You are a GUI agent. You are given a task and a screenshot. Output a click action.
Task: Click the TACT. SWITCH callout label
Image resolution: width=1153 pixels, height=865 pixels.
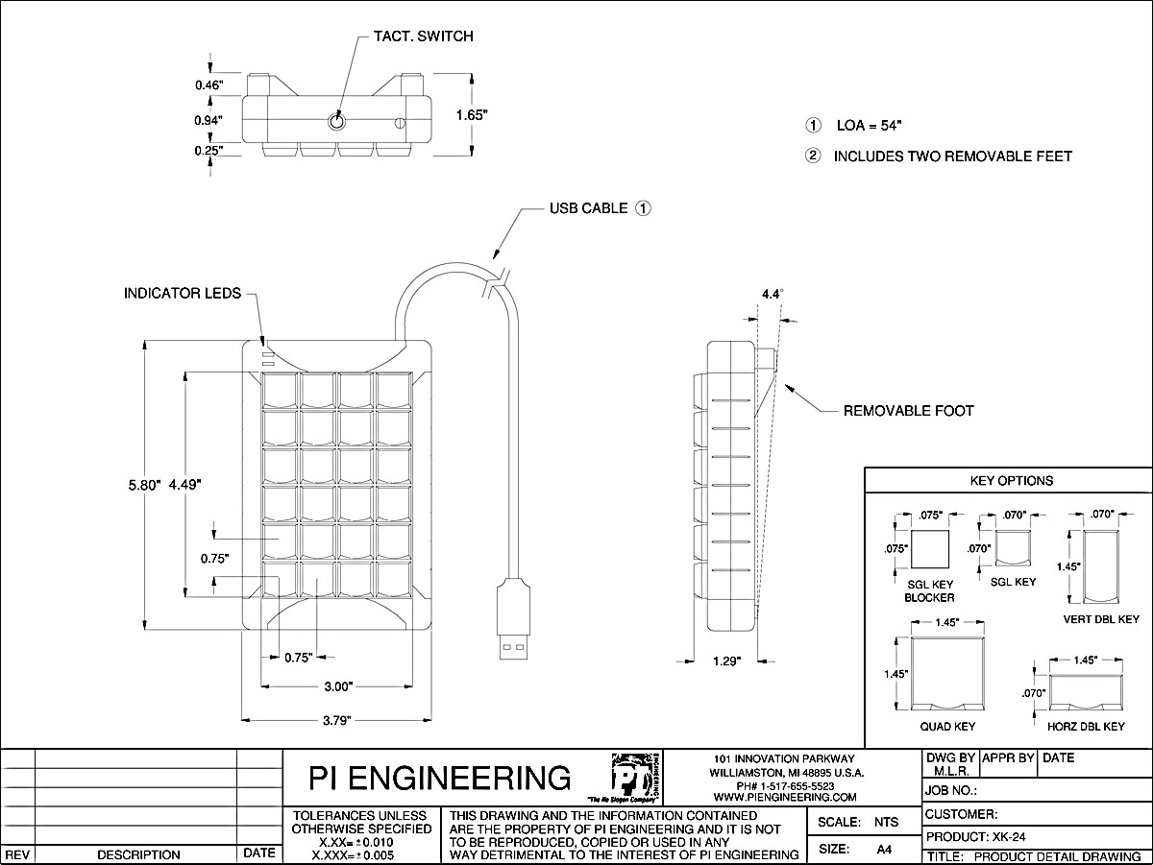point(423,36)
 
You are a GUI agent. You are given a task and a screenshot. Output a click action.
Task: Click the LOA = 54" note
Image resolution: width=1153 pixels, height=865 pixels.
point(868,126)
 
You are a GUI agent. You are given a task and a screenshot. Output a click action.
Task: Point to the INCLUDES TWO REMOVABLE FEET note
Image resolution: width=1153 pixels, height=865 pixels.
point(952,156)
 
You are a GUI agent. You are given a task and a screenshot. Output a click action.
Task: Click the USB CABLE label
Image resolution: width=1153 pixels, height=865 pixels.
point(588,207)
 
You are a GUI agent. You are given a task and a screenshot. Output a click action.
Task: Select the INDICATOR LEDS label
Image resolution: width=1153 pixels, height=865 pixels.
point(183,293)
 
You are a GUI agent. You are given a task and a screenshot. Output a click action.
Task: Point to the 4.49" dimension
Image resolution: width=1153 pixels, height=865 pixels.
point(185,486)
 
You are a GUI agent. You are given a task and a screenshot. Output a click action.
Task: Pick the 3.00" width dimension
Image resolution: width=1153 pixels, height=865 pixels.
point(336,686)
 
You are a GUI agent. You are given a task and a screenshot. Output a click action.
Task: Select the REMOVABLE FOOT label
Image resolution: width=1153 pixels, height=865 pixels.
point(908,411)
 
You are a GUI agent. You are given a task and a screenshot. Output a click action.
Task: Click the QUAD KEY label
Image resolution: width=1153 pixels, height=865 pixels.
point(947,727)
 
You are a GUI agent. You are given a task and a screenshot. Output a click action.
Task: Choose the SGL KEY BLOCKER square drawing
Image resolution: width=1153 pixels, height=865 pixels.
point(929,551)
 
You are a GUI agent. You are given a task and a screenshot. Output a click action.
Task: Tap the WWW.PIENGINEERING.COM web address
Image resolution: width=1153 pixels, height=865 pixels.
point(786,797)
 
